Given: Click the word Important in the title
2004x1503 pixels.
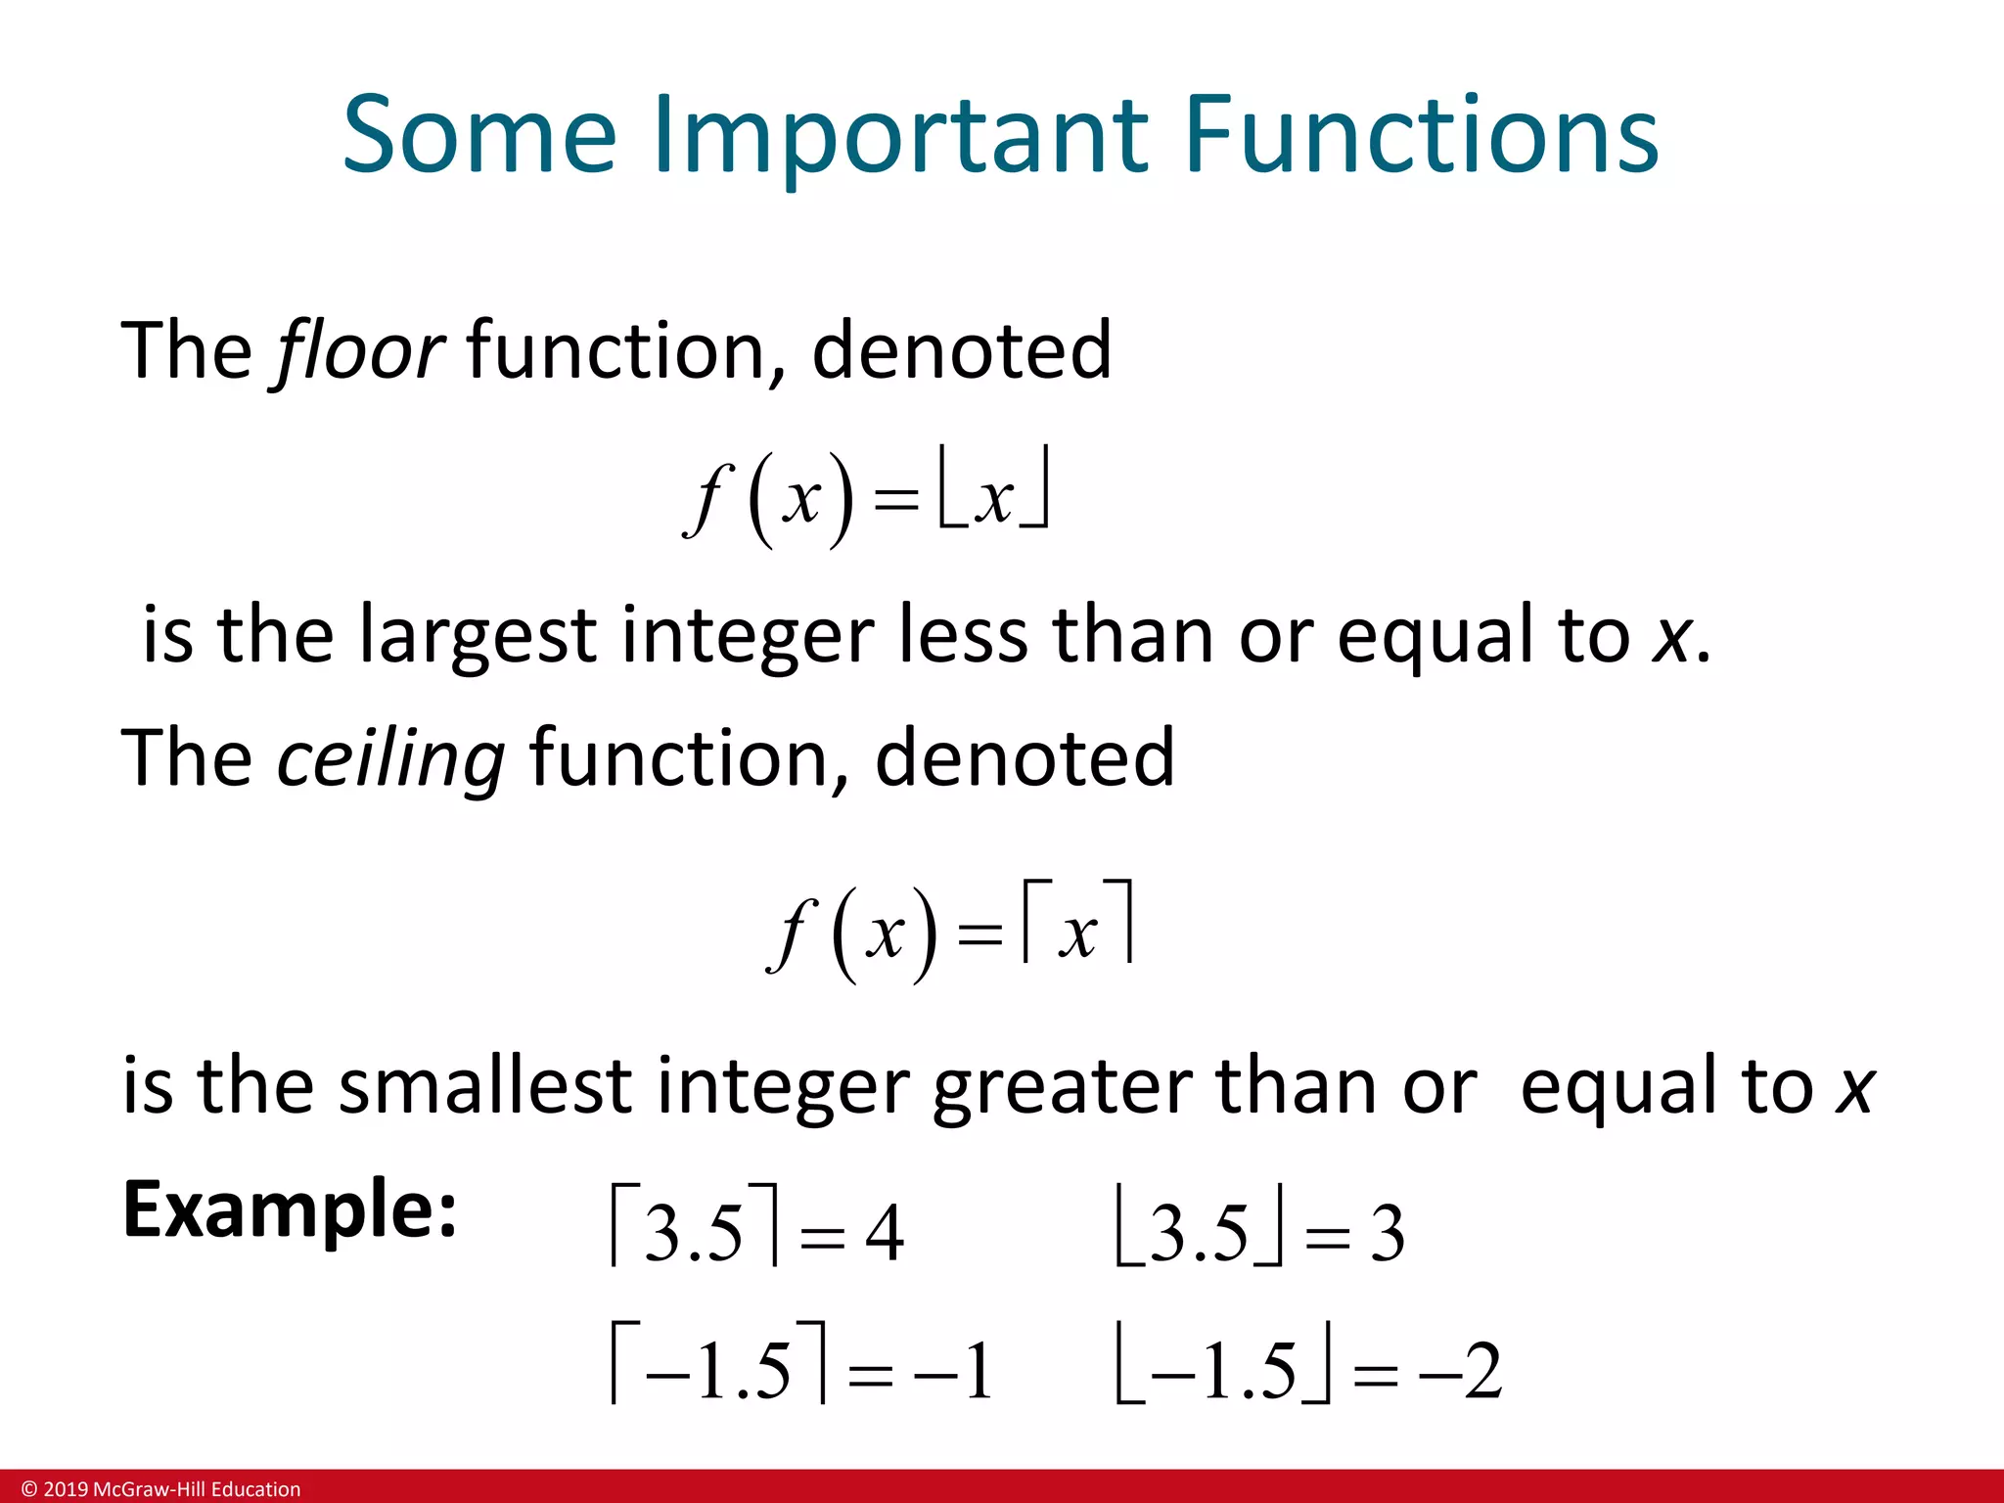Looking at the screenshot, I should [899, 136].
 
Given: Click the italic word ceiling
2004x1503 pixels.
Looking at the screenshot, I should [390, 758].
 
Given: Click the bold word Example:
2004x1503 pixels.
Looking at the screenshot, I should [290, 1209].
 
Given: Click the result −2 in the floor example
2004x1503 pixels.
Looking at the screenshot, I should [1462, 1371].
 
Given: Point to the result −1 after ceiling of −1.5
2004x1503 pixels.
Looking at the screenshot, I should [954, 1371].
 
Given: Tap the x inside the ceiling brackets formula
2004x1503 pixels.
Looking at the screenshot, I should [1078, 934].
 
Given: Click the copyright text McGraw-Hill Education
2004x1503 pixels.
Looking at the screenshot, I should [196, 1489].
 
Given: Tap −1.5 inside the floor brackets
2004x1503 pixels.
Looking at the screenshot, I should [1223, 1371].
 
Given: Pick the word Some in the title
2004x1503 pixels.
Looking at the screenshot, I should [479, 136].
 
